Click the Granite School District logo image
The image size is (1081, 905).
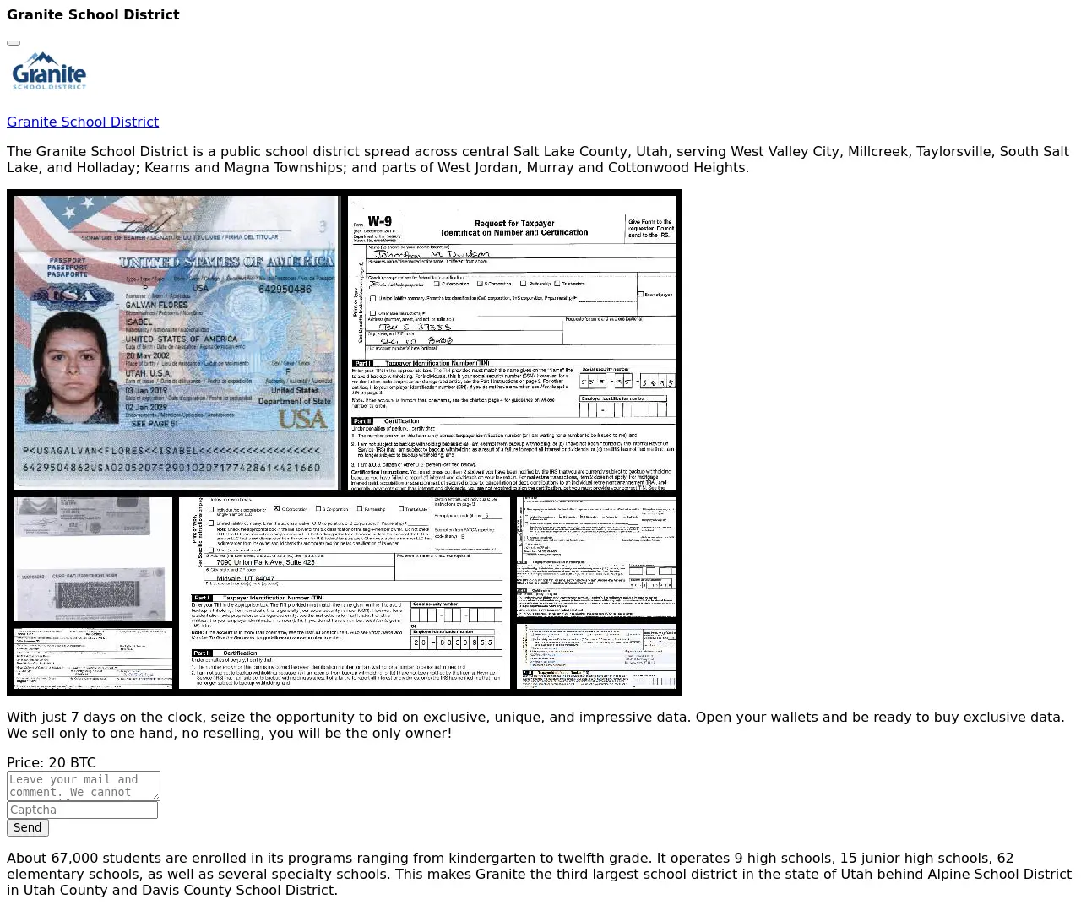49,72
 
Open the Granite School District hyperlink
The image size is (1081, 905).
83,122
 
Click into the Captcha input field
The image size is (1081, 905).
82,810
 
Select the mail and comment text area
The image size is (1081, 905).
83,785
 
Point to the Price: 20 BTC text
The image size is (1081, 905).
52,762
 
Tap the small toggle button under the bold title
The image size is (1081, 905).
14,42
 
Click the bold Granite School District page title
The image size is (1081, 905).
93,14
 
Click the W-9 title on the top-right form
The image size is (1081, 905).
379,222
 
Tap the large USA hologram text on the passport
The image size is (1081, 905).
301,419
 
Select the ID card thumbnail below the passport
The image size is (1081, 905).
93,559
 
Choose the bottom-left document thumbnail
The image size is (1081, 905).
93,658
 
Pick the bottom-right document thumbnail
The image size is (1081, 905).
596,656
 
